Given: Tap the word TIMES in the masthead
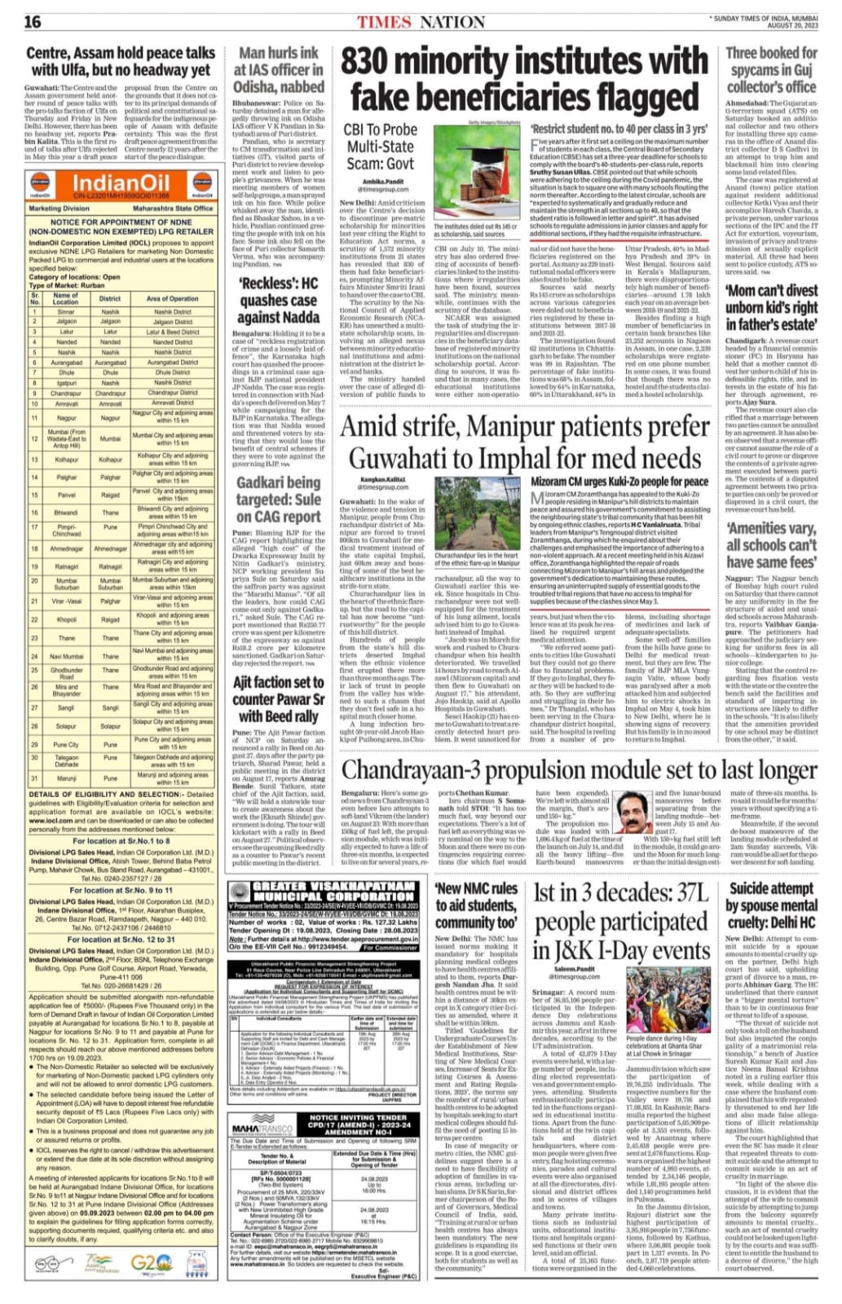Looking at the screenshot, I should click(x=384, y=22).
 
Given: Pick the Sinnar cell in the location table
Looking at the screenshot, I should click(x=65, y=311).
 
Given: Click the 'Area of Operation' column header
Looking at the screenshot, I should click(x=172, y=299).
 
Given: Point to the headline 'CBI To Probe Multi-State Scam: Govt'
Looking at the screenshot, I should click(x=379, y=146).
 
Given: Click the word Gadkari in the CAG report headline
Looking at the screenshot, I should click(x=265, y=482).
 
